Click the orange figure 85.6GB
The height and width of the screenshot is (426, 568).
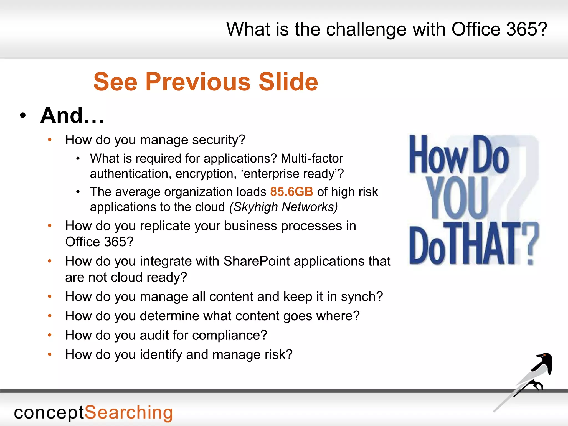point(291,192)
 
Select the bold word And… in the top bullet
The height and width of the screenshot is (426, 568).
point(72,115)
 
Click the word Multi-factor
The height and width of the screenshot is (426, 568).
point(312,158)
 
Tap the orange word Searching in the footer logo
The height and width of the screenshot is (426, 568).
point(128,413)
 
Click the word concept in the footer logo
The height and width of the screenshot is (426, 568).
point(49,413)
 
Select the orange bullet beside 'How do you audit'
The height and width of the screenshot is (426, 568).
point(50,335)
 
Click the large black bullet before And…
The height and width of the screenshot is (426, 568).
point(23,116)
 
